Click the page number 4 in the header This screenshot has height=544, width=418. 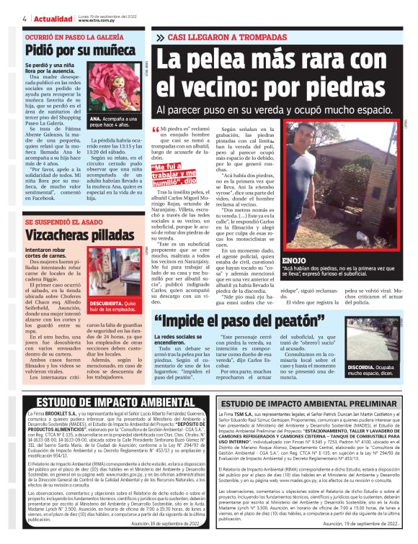click(25, 19)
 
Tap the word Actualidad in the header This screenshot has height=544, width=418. click(53, 19)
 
